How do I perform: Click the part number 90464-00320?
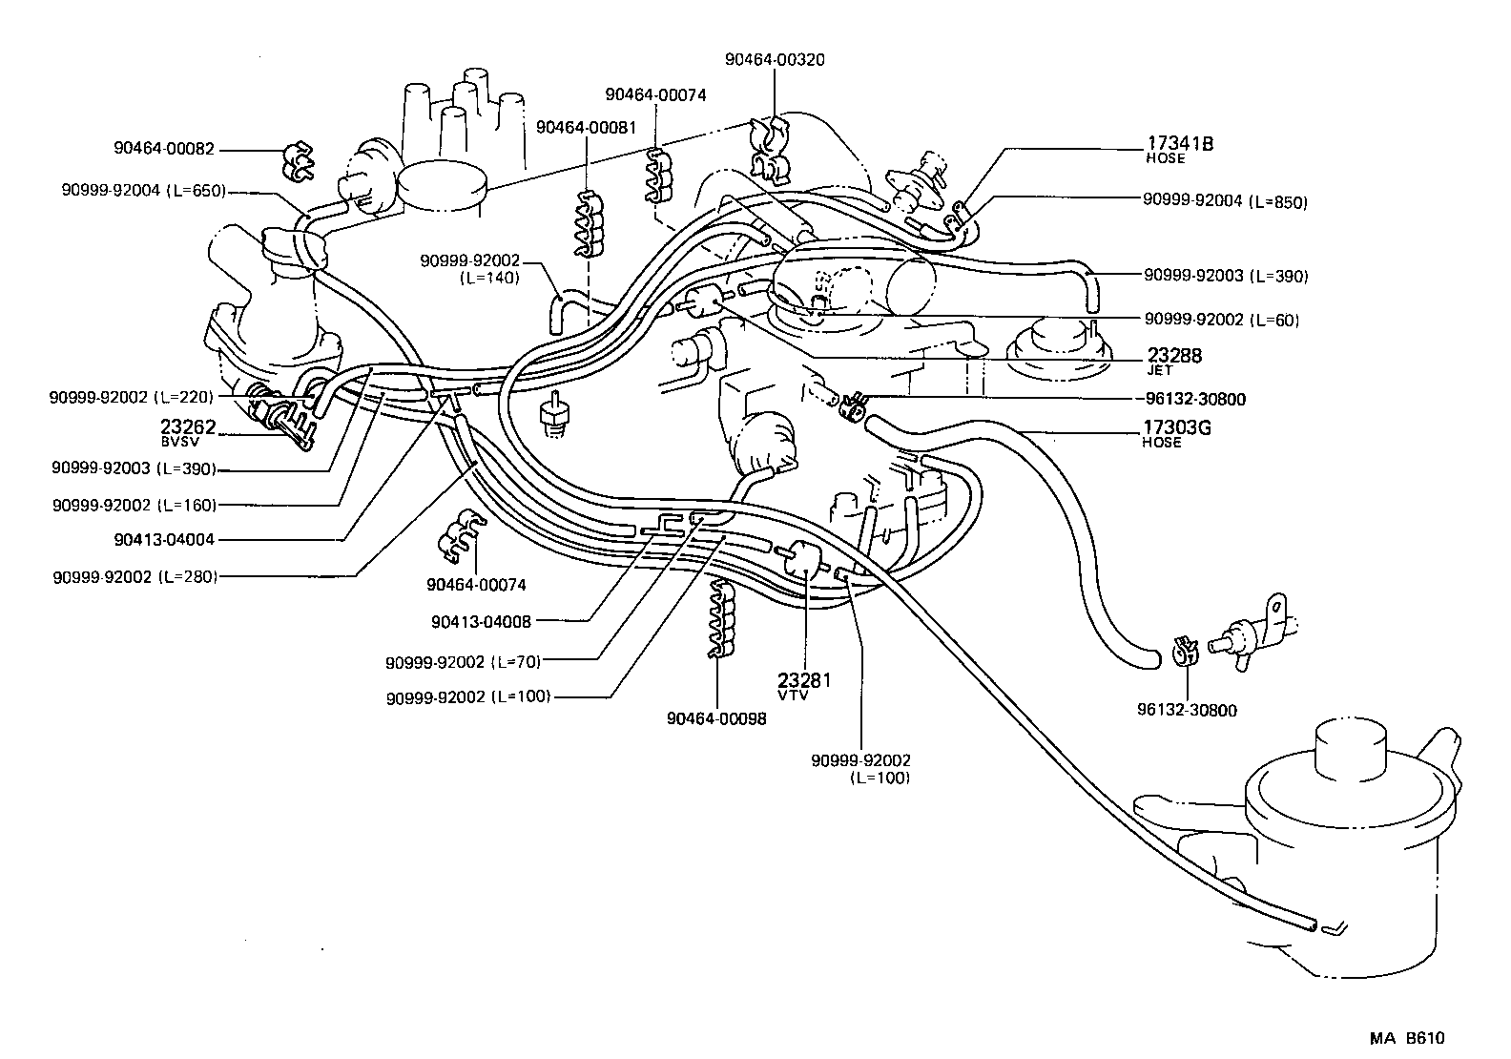tap(775, 59)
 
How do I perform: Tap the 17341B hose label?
tap(1179, 149)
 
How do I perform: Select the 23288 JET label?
tap(1173, 360)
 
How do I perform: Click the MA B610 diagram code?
tap(1409, 1039)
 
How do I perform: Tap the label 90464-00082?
tap(164, 149)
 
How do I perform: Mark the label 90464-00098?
tap(716, 718)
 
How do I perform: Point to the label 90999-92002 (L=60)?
tap(1221, 320)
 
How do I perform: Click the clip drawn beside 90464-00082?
tap(299, 162)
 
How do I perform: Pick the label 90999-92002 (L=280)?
tap(135, 576)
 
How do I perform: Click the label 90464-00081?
tap(586, 127)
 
